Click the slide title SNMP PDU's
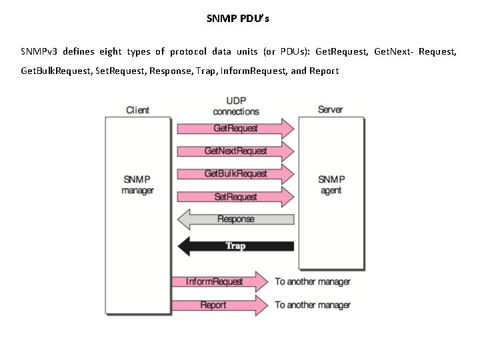[238, 19]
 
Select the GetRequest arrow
[234, 128]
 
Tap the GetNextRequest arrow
[234, 151]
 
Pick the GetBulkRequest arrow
[234, 174]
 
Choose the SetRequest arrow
[234, 197]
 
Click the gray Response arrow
[235, 219]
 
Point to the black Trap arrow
[235, 246]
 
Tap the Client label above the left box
[137, 110]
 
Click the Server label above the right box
[331, 109]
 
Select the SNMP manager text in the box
[138, 185]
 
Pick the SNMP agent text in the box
[331, 185]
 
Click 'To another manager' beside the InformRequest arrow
[313, 281]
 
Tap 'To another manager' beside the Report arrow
[313, 305]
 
